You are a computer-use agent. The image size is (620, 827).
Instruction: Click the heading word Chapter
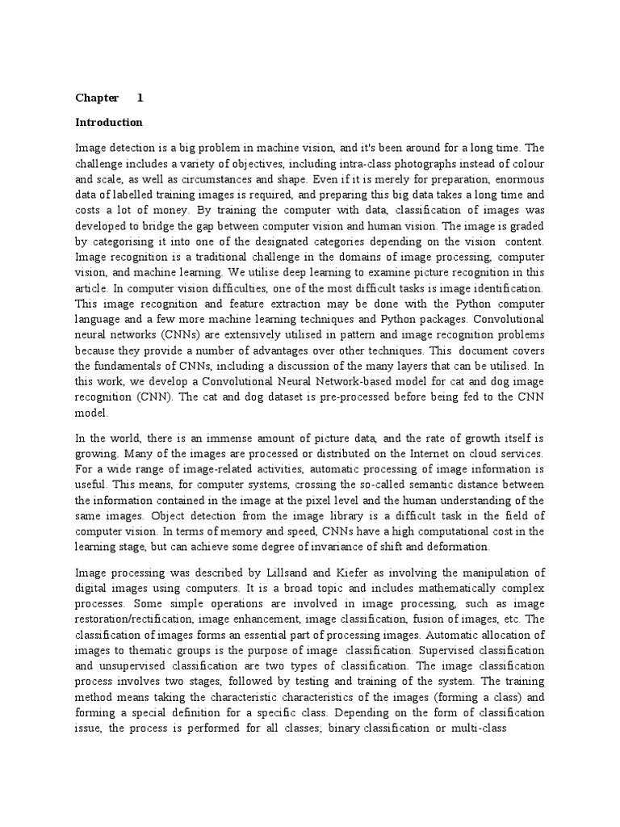coord(97,99)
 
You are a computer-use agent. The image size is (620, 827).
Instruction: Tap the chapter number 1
coord(140,99)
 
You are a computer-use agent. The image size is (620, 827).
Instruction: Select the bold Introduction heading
coord(109,123)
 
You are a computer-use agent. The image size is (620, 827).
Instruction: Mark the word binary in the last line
coord(340,728)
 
